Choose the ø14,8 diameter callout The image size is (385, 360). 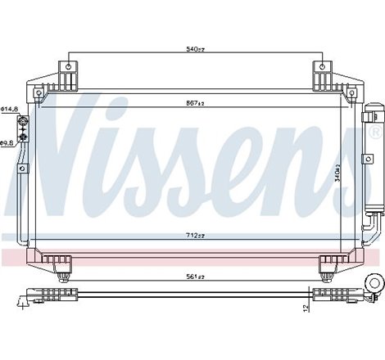click(8, 107)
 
